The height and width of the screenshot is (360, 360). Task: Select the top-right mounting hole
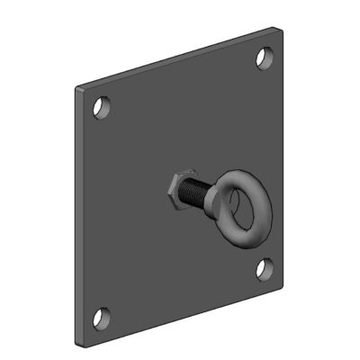point(264,58)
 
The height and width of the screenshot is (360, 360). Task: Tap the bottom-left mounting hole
point(103,317)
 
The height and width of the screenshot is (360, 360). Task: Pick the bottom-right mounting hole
point(264,267)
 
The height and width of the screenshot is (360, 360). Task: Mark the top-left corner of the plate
point(76,88)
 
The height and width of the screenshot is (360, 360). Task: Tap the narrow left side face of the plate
point(77,216)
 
